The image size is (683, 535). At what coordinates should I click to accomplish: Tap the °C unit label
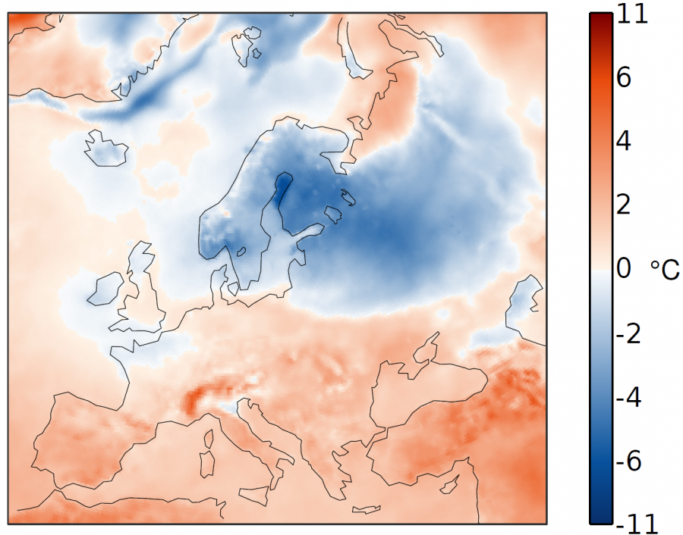coord(666,270)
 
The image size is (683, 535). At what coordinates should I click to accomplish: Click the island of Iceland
coord(105,148)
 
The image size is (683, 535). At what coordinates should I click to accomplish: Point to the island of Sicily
coord(252,495)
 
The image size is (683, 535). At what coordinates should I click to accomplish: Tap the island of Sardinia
coord(206,463)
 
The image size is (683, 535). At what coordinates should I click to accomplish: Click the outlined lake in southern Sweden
coord(241,252)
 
